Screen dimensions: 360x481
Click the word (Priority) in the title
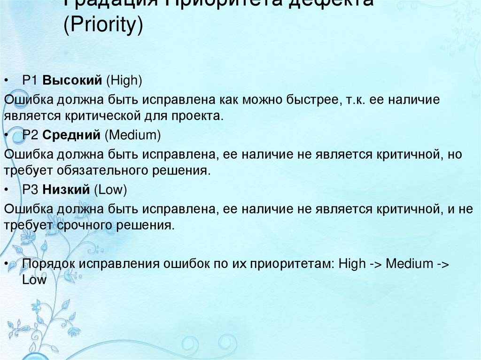click(x=103, y=26)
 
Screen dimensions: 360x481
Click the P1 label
click(x=30, y=81)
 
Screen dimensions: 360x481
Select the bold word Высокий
click(x=72, y=81)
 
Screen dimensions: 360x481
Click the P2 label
click(x=30, y=136)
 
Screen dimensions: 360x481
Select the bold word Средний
click(x=71, y=136)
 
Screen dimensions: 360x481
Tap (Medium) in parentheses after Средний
click(x=133, y=136)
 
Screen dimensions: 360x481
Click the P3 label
click(x=30, y=190)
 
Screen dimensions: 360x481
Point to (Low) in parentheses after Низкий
click(x=110, y=190)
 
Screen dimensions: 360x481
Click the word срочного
click(x=81, y=225)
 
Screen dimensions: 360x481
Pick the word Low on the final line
click(x=34, y=280)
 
